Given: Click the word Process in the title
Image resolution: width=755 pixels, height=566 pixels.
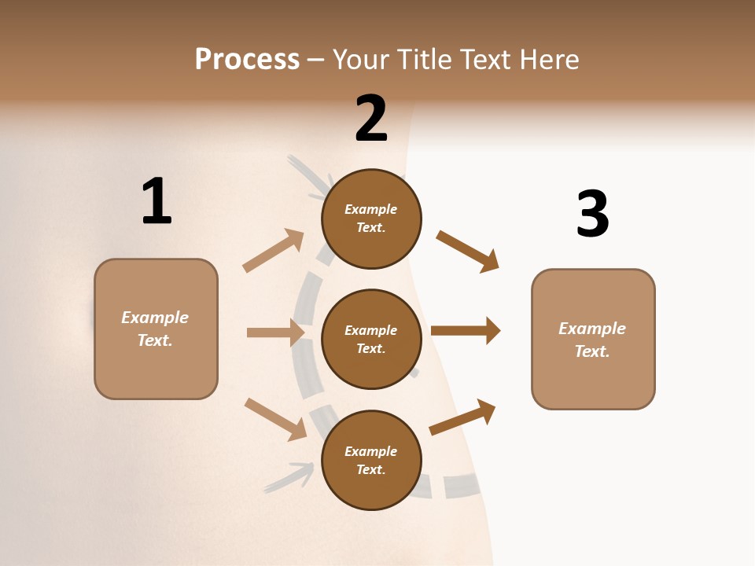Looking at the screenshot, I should click(x=247, y=60).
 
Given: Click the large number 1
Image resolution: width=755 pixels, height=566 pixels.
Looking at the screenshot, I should click(x=157, y=201).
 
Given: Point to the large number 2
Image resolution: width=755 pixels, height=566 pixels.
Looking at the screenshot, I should click(x=371, y=118).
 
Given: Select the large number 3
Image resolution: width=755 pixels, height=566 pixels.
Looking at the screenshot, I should click(x=592, y=214).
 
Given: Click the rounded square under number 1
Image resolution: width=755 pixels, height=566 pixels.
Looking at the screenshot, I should click(x=156, y=329).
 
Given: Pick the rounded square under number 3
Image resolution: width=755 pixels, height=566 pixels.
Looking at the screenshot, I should click(x=593, y=339).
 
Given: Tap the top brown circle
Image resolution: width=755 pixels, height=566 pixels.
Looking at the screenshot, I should click(x=371, y=219).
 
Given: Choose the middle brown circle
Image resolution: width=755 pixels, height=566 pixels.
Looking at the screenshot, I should click(x=371, y=339).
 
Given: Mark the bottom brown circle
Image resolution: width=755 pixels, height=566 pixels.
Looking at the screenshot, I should click(x=371, y=460).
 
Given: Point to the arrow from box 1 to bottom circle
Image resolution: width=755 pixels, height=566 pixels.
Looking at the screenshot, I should click(x=275, y=419).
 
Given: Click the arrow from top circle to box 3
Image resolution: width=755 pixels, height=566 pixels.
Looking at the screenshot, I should click(x=467, y=251).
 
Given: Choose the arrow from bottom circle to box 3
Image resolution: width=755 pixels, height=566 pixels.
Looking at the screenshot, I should click(x=462, y=417).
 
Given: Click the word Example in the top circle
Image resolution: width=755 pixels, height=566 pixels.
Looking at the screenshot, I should click(x=371, y=209).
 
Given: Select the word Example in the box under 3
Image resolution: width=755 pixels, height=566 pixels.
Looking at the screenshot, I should click(x=592, y=329).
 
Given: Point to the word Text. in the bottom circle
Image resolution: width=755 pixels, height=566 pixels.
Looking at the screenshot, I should click(x=371, y=469).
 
